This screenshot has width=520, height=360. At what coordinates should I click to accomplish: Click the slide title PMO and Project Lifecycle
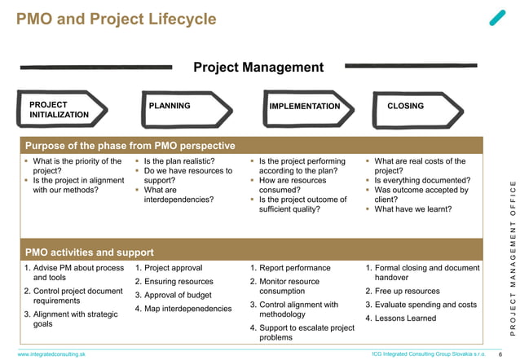tap(117, 19)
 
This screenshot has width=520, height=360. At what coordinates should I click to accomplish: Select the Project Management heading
tap(258, 68)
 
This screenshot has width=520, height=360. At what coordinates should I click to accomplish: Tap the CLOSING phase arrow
tap(414, 107)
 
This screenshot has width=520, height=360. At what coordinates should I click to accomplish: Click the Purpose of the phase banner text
tap(130, 146)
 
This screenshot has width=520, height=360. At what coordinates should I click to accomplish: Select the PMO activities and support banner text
tap(90, 252)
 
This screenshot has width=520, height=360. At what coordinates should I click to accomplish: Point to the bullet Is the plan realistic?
tap(178, 161)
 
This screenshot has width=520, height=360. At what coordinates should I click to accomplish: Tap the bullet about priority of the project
tap(75, 166)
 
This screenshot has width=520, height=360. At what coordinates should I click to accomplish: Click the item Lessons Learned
tap(405, 318)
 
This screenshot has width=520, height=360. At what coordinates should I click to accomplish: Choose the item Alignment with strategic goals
tap(72, 318)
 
